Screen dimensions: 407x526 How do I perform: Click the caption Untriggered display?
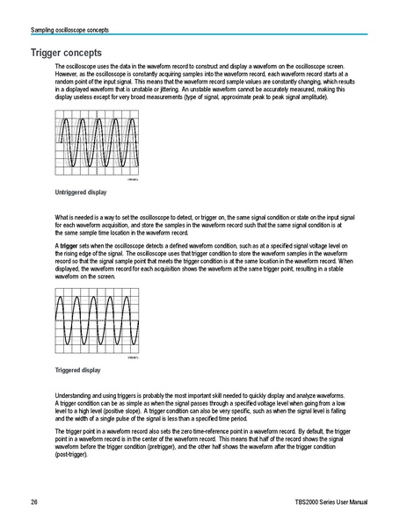pyautogui.click(x=81, y=191)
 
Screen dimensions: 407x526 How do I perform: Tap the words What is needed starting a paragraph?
pyautogui.click(x=74, y=216)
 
